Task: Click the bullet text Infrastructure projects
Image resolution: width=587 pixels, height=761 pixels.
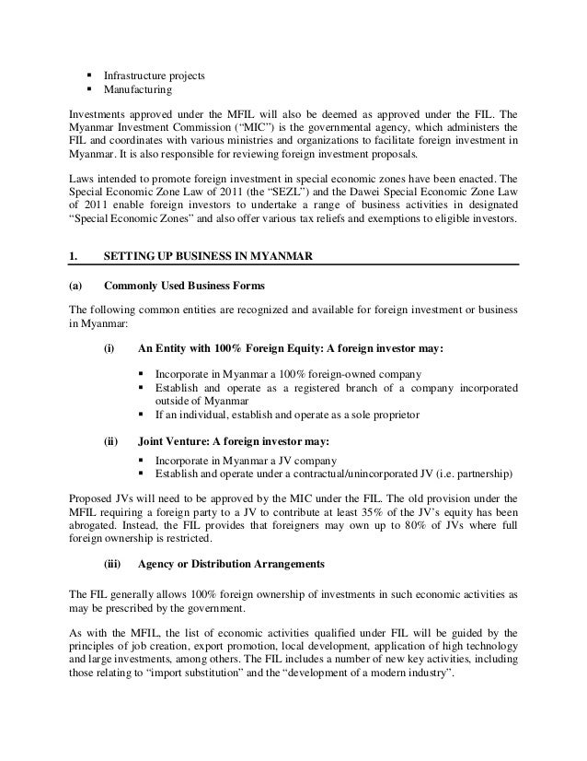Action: [154, 75]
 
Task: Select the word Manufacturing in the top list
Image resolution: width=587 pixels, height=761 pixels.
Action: [137, 89]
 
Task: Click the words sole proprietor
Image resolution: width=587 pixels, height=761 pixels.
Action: [381, 415]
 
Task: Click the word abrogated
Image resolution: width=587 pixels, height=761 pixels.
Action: [97, 525]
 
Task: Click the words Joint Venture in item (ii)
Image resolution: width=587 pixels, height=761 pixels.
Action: [172, 439]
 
